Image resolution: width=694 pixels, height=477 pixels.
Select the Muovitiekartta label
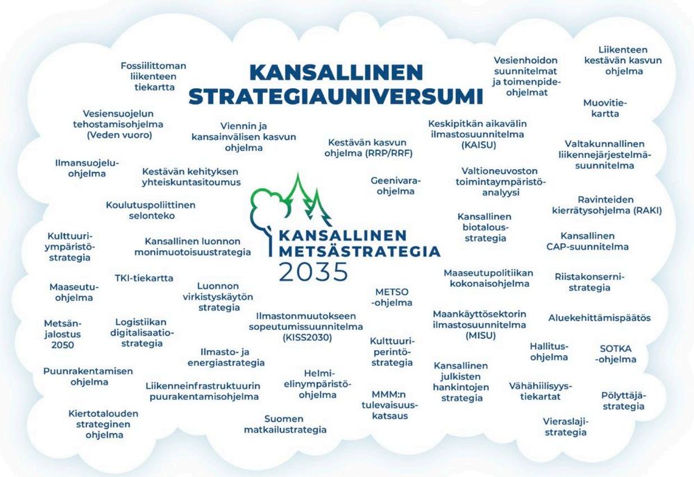click(601, 108)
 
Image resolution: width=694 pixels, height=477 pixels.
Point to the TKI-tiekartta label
click(144, 278)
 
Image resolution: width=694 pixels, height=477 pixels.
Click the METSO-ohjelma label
click(393, 297)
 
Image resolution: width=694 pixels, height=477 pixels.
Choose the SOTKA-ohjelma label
click(618, 354)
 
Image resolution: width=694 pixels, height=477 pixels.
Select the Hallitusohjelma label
click(549, 352)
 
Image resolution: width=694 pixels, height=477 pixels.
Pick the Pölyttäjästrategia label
click(623, 401)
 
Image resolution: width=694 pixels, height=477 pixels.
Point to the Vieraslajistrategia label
click(565, 426)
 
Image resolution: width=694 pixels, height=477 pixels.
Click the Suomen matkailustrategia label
click(285, 424)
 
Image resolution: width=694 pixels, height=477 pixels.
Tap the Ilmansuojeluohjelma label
click(87, 168)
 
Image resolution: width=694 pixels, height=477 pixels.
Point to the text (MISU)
click(479, 336)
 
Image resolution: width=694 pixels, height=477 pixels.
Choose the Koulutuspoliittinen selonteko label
click(151, 211)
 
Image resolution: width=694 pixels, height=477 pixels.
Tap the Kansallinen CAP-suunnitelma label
click(587, 241)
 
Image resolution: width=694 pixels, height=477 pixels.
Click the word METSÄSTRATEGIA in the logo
click(359, 250)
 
